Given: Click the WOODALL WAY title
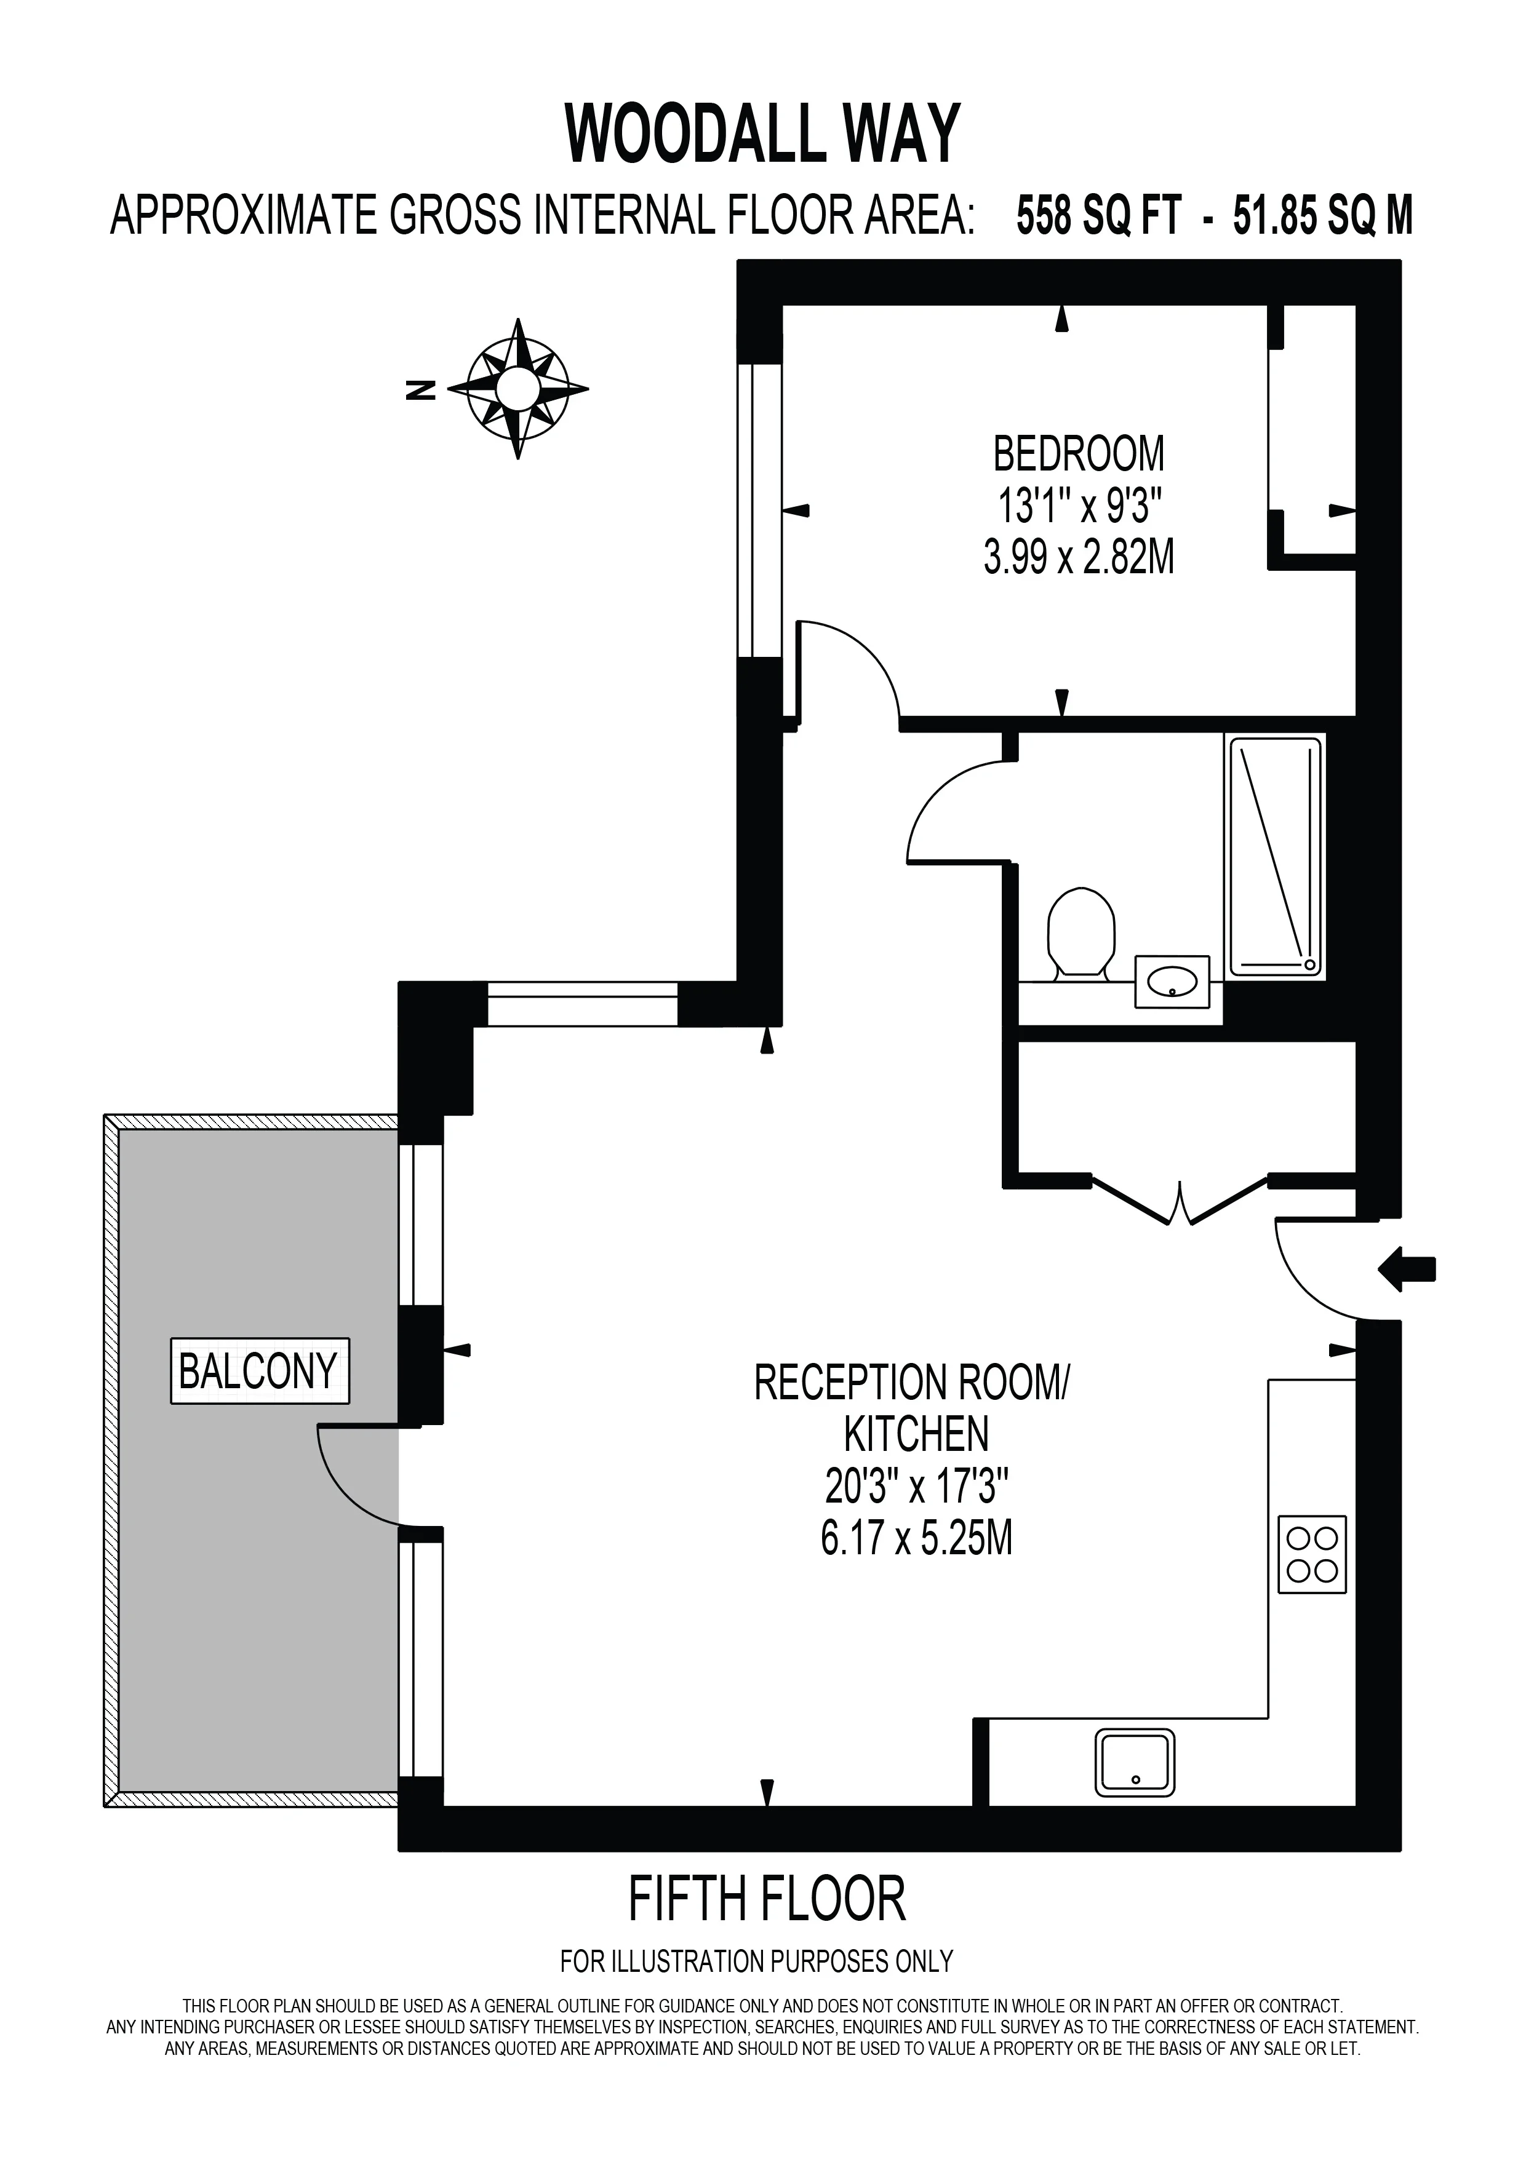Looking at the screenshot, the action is point(763,134).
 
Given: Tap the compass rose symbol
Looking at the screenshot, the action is point(517,388).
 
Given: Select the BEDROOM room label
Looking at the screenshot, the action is point(1079,454).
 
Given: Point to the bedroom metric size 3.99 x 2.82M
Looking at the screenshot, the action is point(1079,559).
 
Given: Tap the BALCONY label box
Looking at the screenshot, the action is point(258,1372).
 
